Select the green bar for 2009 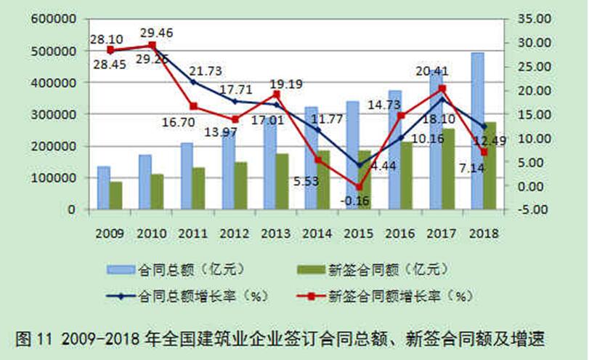click(115, 195)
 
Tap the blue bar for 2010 click(145, 182)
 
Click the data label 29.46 click(156, 32)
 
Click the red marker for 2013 click(277, 95)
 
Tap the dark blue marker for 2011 click(193, 82)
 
